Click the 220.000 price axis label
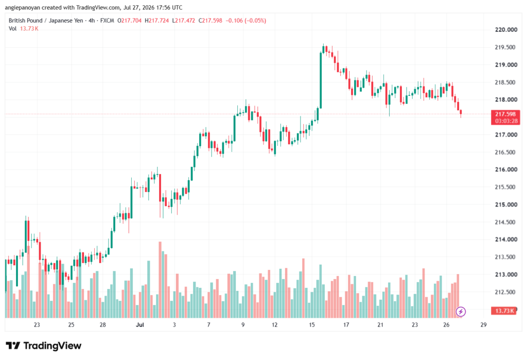pos(506,29)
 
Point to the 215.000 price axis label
pos(506,204)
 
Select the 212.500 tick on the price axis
pos(506,292)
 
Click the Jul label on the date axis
pos(140,324)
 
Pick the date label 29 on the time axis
pos(483,324)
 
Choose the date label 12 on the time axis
pos(275,324)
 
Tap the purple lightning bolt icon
pos(461,312)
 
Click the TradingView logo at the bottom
pos(44,346)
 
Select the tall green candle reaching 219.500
pos(321,80)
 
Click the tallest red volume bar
pos(160,280)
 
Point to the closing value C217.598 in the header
pos(210,21)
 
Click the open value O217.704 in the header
pos(129,21)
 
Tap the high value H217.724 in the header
pos(156,21)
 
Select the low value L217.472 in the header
pos(184,21)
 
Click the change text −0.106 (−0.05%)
pos(245,21)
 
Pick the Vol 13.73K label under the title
pos(24,29)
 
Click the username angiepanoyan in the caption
pos(23,7)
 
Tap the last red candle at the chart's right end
pos(461,113)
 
